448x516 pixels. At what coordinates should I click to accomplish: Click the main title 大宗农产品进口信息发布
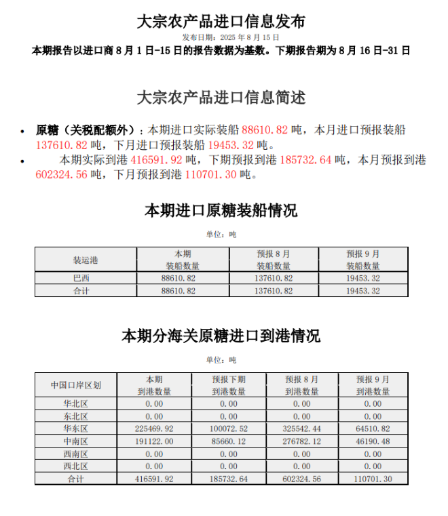tap(221, 21)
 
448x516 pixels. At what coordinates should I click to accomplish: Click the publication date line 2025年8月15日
tap(230, 37)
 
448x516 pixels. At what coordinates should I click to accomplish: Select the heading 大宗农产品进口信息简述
tap(221, 98)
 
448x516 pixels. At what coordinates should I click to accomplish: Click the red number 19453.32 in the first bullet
tap(231, 144)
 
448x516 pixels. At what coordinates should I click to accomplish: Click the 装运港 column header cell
tap(86, 260)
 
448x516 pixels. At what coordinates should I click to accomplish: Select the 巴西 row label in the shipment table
tap(82, 279)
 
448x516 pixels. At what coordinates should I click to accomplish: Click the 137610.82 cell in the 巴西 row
tap(274, 279)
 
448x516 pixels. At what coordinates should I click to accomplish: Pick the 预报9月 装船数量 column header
tap(363, 260)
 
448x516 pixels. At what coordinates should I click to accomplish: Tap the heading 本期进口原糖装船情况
tap(221, 211)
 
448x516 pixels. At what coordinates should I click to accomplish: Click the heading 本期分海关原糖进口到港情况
tap(221, 336)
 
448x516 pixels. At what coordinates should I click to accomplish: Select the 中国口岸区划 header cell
tap(76, 385)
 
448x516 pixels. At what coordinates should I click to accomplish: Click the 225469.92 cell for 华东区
tap(154, 429)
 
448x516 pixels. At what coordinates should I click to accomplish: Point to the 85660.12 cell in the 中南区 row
tap(229, 441)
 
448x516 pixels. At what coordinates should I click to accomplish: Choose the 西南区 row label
tap(76, 454)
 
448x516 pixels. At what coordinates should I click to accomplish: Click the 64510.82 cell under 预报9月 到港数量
tap(373, 429)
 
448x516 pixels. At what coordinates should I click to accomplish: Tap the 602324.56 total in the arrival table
tap(301, 479)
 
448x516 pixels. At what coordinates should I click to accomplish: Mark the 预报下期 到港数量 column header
tap(229, 385)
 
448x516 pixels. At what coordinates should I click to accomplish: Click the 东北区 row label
tap(76, 416)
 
